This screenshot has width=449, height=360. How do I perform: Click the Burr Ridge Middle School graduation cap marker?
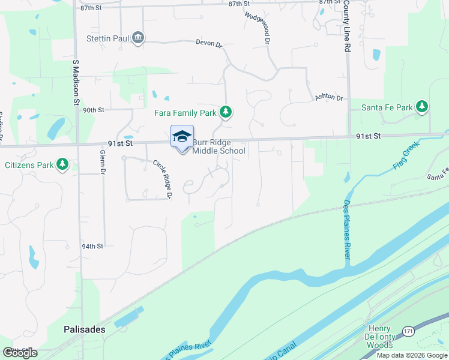tap(182, 137)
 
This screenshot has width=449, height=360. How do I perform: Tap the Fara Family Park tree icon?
tap(226, 112)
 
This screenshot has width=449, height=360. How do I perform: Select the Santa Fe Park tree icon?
tap(423, 107)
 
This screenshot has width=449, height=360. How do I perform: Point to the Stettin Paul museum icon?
tap(138, 38)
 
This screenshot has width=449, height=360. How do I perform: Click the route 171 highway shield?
tap(408, 331)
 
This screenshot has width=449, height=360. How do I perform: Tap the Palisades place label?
tap(85, 329)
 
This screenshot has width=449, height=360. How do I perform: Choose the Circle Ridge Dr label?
tap(163, 179)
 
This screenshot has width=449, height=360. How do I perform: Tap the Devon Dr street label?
tap(209, 43)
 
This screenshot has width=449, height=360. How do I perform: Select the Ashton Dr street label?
tap(328, 98)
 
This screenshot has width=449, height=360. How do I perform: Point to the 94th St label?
tap(93, 246)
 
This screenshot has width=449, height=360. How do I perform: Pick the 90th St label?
tap(94, 110)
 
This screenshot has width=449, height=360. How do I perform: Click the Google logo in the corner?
tap(20, 353)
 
